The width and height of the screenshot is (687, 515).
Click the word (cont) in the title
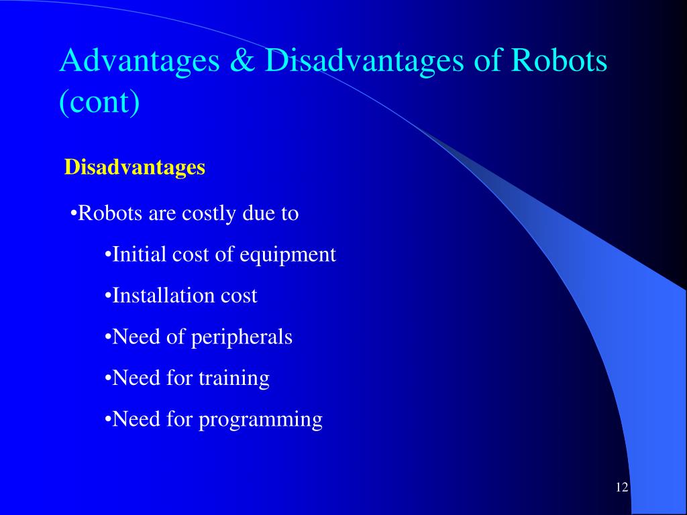[99, 102]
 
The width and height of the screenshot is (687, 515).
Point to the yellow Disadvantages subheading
[134, 167]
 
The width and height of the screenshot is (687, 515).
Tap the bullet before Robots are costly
[74, 214]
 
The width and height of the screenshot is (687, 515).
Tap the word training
[234, 379]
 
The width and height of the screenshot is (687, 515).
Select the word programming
[260, 420]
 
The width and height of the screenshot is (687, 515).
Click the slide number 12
[621, 488]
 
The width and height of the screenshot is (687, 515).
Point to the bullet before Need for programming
[108, 420]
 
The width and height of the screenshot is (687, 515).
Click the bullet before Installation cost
[108, 296]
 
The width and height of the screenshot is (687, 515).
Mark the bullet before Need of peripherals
[108, 337]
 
